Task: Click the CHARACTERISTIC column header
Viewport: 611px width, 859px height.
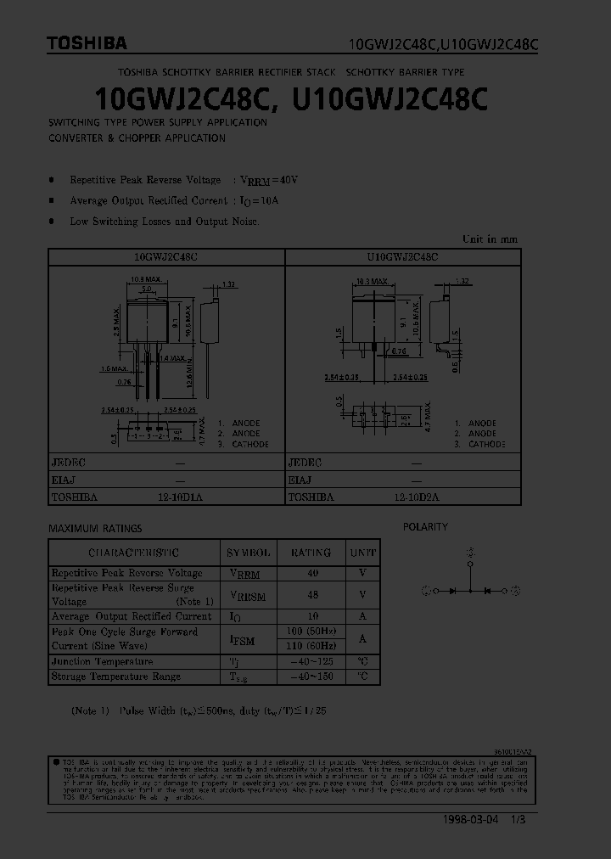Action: point(134,553)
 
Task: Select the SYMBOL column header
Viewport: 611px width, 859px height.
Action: point(249,553)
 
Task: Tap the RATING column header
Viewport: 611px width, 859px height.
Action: point(311,553)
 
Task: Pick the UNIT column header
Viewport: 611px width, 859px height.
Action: point(362,553)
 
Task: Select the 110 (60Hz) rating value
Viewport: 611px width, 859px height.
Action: point(311,646)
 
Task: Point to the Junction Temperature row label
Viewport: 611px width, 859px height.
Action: point(103,661)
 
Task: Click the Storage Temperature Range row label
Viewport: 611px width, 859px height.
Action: point(116,677)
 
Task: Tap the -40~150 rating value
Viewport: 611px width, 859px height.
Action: point(311,677)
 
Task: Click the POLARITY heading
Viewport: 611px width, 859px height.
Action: point(425,527)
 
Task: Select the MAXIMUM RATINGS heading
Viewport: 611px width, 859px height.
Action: point(95,528)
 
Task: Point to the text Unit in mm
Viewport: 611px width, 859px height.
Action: point(490,239)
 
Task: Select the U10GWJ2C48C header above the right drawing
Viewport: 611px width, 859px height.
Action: point(402,255)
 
